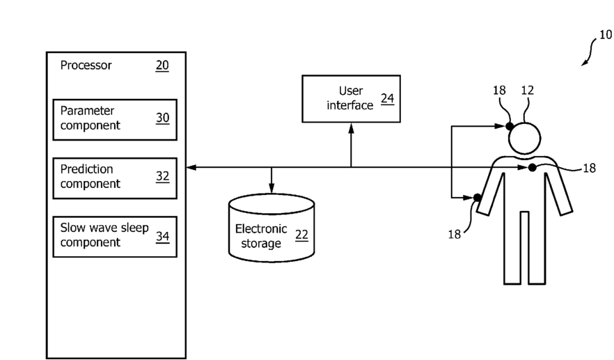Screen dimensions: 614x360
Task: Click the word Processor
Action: (86, 65)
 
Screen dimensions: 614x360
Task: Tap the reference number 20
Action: (162, 65)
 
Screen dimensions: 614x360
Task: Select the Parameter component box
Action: (115, 120)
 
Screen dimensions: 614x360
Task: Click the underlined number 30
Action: (162, 118)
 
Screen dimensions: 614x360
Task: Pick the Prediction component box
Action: (115, 178)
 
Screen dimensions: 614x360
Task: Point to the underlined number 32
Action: (162, 176)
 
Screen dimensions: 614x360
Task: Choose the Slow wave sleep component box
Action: (115, 237)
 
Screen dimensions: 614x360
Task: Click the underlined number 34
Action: (162, 236)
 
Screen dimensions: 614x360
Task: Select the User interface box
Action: (352, 99)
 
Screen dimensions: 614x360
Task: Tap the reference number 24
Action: (387, 98)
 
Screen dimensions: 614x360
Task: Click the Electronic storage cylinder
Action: (271, 228)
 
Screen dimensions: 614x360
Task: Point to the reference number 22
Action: (301, 235)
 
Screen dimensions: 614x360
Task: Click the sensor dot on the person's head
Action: (510, 126)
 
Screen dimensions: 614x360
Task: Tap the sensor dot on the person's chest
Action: (532, 168)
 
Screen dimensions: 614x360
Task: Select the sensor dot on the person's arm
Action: (478, 198)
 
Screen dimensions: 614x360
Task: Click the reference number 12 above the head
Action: (528, 91)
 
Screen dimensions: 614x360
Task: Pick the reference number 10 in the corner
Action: (606, 35)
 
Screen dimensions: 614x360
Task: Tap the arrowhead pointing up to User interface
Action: (352, 128)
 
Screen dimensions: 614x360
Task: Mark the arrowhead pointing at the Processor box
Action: (191, 168)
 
